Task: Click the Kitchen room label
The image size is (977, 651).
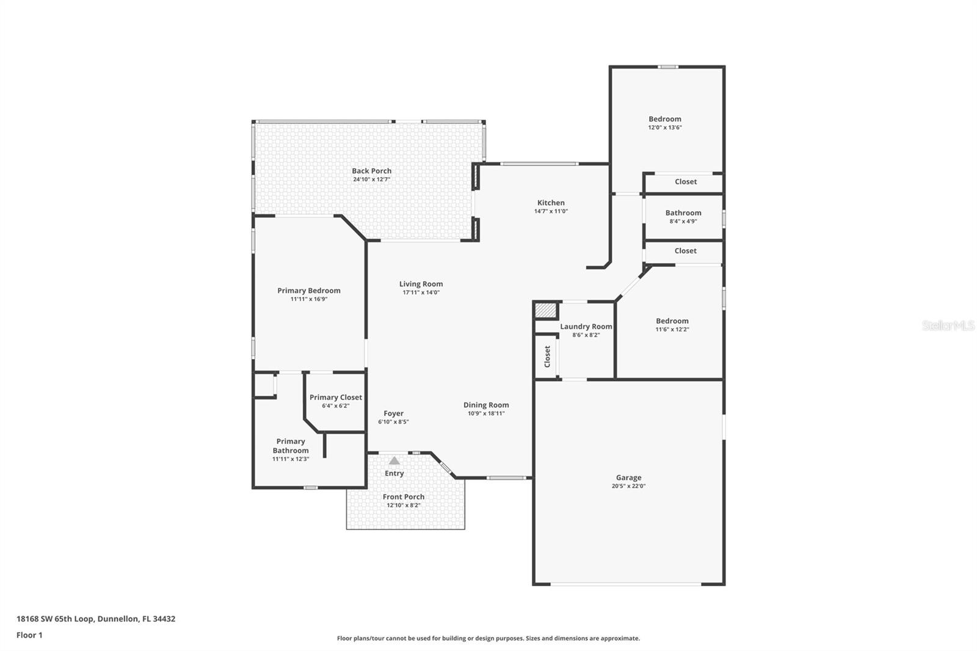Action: pyautogui.click(x=551, y=203)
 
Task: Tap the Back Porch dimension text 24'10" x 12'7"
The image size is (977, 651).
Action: pyautogui.click(x=371, y=180)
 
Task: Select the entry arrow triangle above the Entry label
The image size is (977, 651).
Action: pyautogui.click(x=394, y=461)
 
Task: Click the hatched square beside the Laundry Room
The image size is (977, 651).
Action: pyautogui.click(x=546, y=311)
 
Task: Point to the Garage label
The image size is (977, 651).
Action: pyautogui.click(x=628, y=478)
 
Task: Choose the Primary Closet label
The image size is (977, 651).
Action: pyautogui.click(x=335, y=397)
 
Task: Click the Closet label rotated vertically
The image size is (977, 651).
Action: pyautogui.click(x=547, y=356)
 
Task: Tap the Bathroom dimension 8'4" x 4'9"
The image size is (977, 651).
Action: pyautogui.click(x=683, y=221)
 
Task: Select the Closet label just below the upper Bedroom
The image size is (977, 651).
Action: pyautogui.click(x=685, y=181)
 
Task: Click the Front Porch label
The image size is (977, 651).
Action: pyautogui.click(x=403, y=496)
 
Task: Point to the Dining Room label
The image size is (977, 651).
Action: pyautogui.click(x=485, y=405)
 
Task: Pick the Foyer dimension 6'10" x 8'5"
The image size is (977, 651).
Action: pyautogui.click(x=393, y=422)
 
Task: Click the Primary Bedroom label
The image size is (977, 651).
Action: pyautogui.click(x=308, y=291)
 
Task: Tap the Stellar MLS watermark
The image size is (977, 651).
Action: pyautogui.click(x=948, y=325)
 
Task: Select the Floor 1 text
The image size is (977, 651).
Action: pyautogui.click(x=29, y=635)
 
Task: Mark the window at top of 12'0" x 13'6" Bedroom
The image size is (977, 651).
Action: pyautogui.click(x=667, y=67)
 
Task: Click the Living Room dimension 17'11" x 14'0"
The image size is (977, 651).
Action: pyautogui.click(x=421, y=293)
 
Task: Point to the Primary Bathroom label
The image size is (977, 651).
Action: pyautogui.click(x=291, y=446)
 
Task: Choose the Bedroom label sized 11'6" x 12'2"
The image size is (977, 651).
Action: pyautogui.click(x=672, y=321)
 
